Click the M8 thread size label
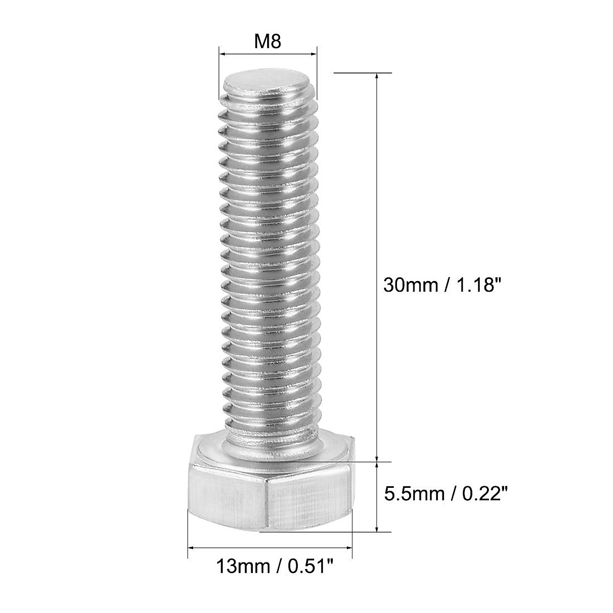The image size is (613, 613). [268, 41]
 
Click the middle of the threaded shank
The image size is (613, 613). [270, 255]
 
